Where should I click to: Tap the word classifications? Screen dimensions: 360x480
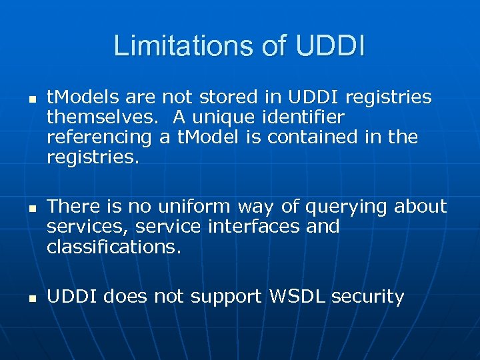(x=113, y=247)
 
